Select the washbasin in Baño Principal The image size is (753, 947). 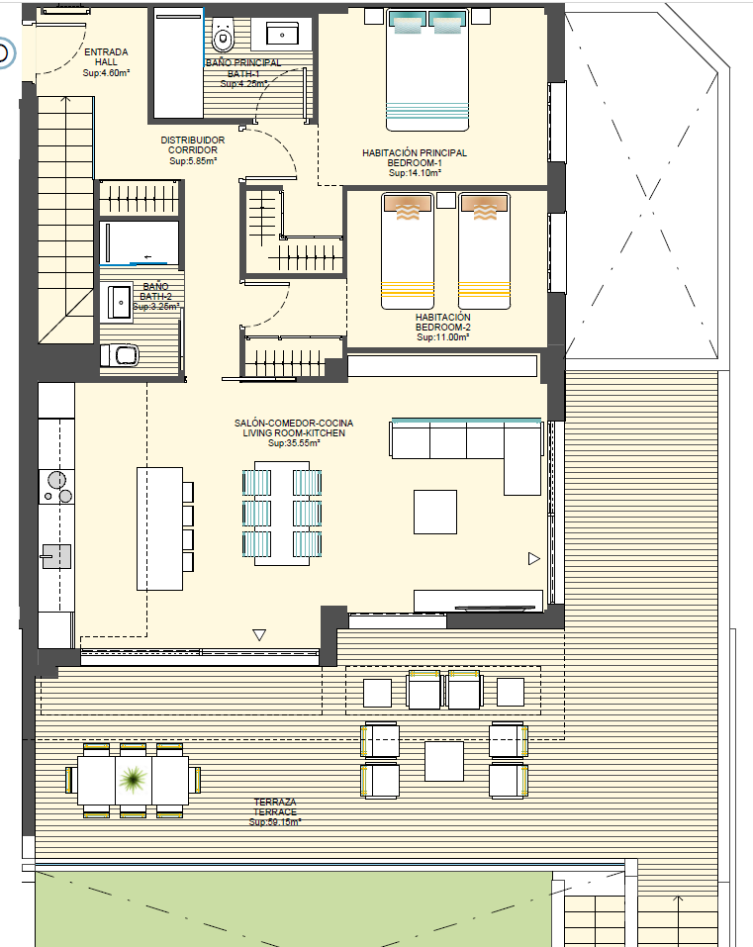click(286, 35)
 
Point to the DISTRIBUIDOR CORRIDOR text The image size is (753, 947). click(193, 150)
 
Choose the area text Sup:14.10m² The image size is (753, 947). click(415, 173)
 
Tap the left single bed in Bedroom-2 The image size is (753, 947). click(409, 251)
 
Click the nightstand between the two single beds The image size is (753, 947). click(446, 201)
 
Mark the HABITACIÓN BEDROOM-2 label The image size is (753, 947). click(442, 327)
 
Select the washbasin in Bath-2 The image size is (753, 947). click(120, 302)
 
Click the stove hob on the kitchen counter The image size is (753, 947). click(56, 486)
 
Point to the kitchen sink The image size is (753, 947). click(56, 556)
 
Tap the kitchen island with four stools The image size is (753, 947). click(159, 528)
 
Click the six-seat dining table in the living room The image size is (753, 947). click(282, 513)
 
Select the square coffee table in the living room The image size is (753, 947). click(435, 512)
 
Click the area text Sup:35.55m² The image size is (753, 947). click(294, 444)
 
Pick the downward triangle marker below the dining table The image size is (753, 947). click(259, 635)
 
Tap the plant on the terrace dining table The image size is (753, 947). click(133, 782)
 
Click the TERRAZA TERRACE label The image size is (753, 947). click(275, 811)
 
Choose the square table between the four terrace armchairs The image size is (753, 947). click(444, 761)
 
